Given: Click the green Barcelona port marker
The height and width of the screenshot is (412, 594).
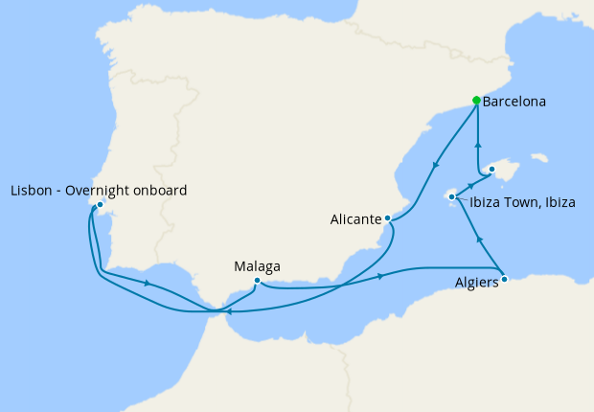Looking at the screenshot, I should coord(476,101).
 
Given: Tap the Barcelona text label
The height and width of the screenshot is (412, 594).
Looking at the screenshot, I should coord(514,101).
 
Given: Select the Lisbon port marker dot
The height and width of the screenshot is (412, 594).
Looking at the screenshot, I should coord(100,204).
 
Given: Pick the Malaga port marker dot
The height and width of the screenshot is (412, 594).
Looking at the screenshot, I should coord(257,281).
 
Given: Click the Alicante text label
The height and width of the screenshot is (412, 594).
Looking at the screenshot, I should coord(355,219).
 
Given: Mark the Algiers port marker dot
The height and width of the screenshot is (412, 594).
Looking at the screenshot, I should coord(505,280).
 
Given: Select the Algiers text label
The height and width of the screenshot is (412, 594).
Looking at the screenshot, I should coord(476,284).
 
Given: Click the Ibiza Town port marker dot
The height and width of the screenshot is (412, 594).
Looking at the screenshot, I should coord(451,197).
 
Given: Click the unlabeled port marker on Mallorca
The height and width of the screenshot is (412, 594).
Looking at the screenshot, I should coord(491,170).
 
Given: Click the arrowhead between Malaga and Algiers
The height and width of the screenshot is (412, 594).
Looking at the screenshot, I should coord(382,277).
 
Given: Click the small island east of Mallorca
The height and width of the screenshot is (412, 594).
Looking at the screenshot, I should coord(540,157).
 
